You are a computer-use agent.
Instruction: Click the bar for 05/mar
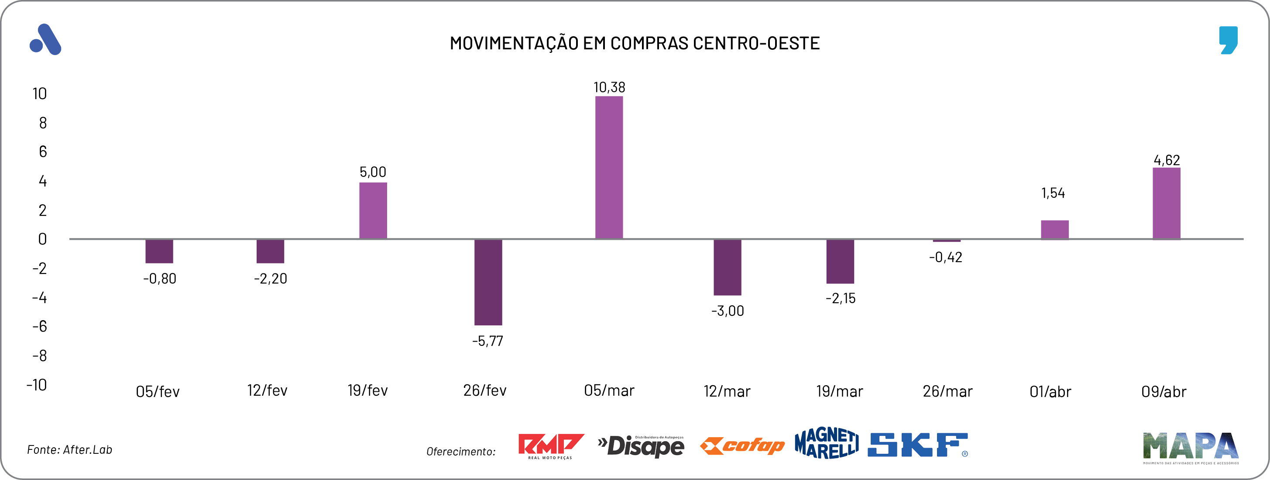609,167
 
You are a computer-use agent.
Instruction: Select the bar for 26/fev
488,282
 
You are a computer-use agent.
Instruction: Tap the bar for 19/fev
373,211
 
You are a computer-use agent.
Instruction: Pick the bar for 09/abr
1166,203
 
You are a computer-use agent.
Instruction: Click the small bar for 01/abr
1054,229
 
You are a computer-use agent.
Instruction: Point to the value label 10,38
609,87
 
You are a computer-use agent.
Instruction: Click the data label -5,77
487,341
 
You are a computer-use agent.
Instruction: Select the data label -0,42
945,257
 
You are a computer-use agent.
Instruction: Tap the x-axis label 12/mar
727,391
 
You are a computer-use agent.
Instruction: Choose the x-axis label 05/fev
158,392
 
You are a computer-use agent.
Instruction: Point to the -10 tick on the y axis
37,385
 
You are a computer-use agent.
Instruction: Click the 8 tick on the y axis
43,123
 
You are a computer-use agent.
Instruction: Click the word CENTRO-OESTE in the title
756,43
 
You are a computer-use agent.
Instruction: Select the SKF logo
917,445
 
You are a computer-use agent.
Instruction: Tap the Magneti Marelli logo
826,443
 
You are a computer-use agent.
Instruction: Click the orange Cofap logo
742,446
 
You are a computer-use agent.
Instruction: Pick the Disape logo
641,446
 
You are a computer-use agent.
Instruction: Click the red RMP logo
551,445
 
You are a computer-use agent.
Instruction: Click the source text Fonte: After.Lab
69,449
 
